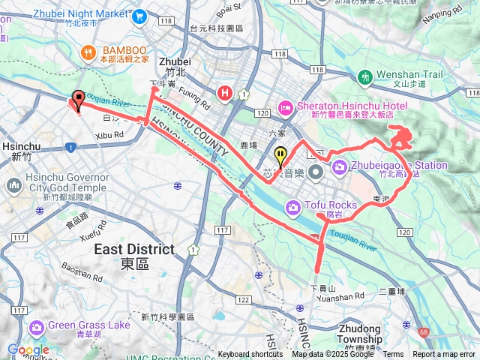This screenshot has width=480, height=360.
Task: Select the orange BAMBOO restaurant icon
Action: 88,52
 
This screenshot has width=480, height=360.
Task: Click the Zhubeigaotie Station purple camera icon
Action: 339,166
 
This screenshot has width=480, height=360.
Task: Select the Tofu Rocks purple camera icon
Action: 292,206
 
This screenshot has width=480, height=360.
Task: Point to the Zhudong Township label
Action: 364,333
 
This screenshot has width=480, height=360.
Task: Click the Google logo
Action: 28,349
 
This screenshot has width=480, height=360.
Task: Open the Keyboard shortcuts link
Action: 250,354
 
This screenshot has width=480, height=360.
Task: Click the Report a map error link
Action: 444,354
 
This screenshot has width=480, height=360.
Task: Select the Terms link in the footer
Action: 393,354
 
